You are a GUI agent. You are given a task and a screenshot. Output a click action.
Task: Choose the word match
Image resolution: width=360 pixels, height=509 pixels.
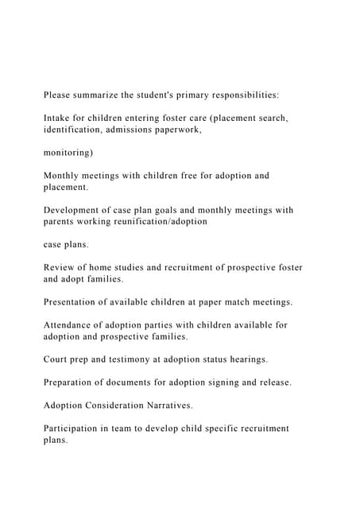point(227,302)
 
